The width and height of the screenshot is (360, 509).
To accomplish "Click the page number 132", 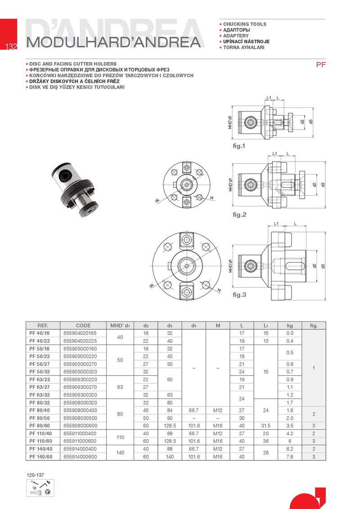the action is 11,46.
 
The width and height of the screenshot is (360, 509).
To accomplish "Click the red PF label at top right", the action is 321,65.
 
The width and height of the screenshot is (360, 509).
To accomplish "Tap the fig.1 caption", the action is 239,146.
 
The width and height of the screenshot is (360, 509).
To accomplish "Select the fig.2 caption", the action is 239,214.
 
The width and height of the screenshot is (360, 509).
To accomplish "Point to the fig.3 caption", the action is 239,295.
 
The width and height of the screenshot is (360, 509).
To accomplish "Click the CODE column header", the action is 83,326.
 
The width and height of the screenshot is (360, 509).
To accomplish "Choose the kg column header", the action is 290,326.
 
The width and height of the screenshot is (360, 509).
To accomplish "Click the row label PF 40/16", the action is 39,333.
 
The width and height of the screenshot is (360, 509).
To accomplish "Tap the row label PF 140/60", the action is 40,457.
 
